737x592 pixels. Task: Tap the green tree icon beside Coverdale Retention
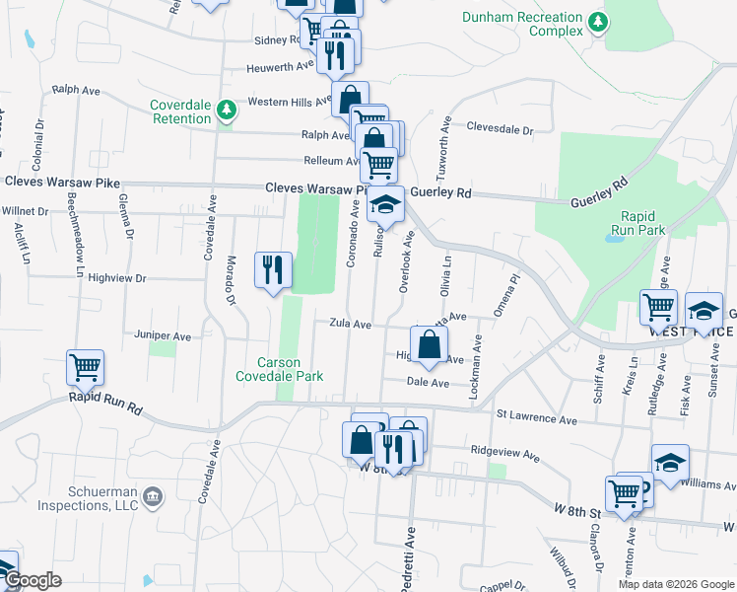pos(227,110)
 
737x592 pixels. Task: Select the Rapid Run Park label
pos(643,223)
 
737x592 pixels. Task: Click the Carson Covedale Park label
pos(279,368)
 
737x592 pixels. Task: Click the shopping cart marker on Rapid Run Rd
pos(85,368)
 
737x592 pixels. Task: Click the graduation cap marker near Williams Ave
pos(670,463)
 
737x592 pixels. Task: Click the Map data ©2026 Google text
pos(675,584)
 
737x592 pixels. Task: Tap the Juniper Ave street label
pos(167,336)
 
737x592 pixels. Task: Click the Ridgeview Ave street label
pos(505,458)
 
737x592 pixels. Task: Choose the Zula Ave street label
pos(350,324)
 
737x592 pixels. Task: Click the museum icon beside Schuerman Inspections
pos(152,494)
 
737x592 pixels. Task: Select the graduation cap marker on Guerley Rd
pos(385,205)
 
